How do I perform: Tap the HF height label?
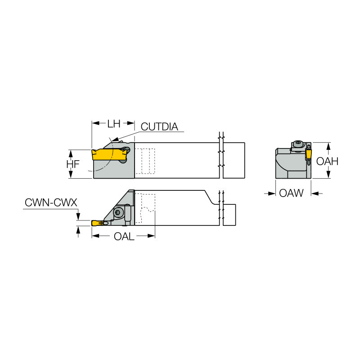pos(73,165)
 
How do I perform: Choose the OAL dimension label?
pos(124,236)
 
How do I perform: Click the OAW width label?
pos(292,193)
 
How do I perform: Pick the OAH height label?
pos(327,161)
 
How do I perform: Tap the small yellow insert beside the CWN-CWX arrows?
pos(97,223)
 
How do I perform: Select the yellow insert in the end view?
pos(309,154)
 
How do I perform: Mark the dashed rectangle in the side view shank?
pos(145,161)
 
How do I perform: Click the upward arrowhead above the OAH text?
pos(328,145)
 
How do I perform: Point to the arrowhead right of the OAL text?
pos(152,236)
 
